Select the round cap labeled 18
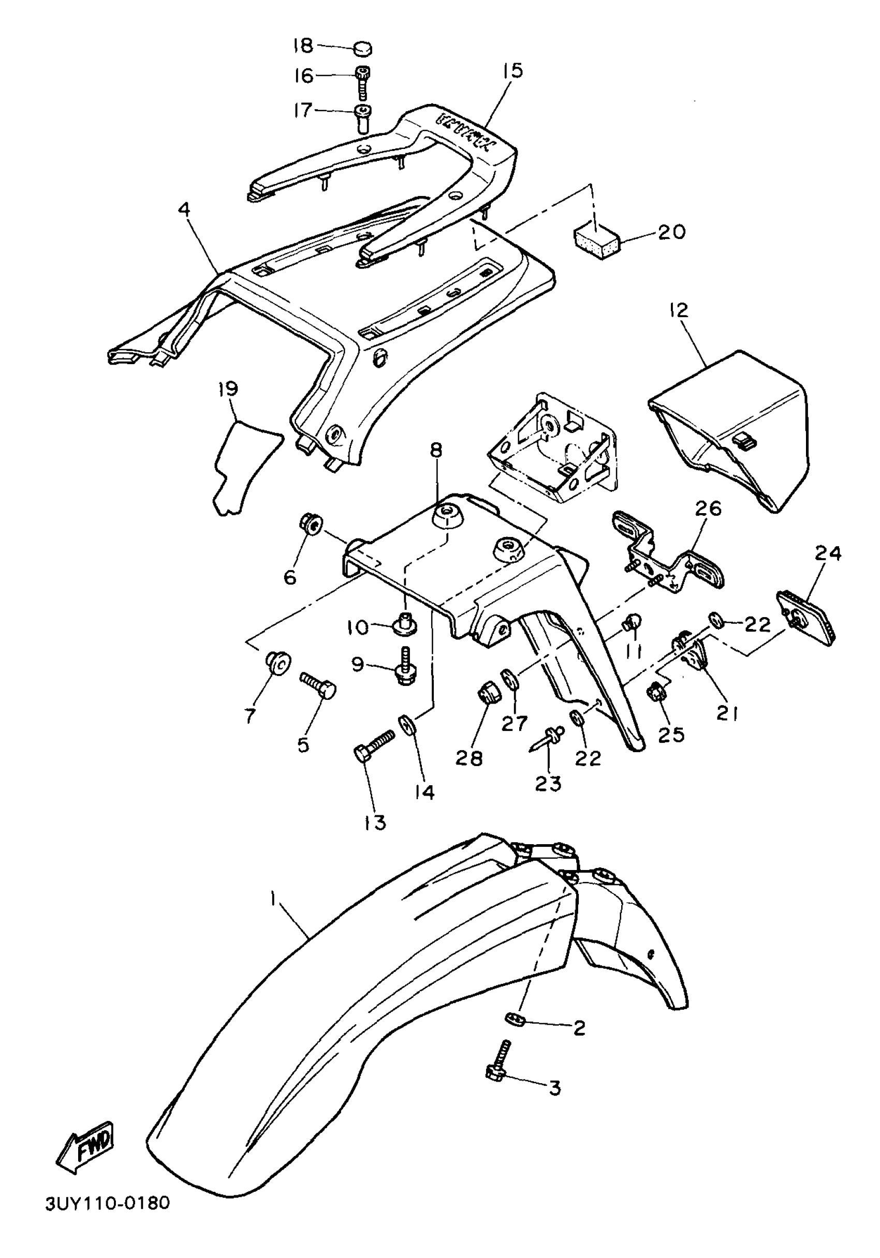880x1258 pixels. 362,48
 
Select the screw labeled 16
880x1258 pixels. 362,80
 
